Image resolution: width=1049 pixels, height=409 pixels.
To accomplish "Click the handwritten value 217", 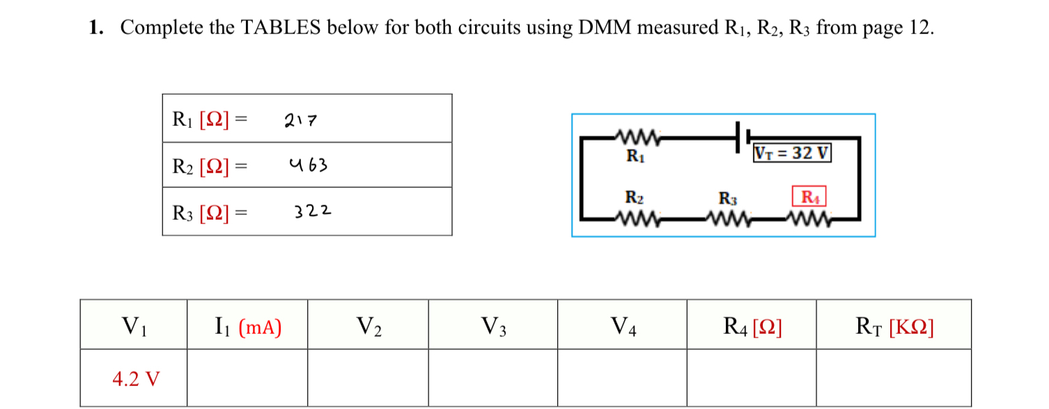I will point(301,122).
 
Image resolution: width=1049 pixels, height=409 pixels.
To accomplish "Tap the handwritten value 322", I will point(312,211).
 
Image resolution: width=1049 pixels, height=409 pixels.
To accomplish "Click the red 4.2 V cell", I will point(136,379).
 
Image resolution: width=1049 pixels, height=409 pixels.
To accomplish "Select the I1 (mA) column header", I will point(247,326).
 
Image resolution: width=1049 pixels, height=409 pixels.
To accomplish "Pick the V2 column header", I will point(368,326).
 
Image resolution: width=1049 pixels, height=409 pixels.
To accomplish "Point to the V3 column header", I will point(493,326).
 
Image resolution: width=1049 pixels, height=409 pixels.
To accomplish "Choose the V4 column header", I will point(623,326).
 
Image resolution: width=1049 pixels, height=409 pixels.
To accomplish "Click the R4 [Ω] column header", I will point(753,326).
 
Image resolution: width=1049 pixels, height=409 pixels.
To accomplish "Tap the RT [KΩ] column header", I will point(894,326).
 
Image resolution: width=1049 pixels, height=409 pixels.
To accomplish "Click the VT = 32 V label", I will point(792,153).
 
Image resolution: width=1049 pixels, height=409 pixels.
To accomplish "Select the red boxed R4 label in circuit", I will point(809,197).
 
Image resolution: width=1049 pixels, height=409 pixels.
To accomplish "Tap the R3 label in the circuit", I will point(727,198).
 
